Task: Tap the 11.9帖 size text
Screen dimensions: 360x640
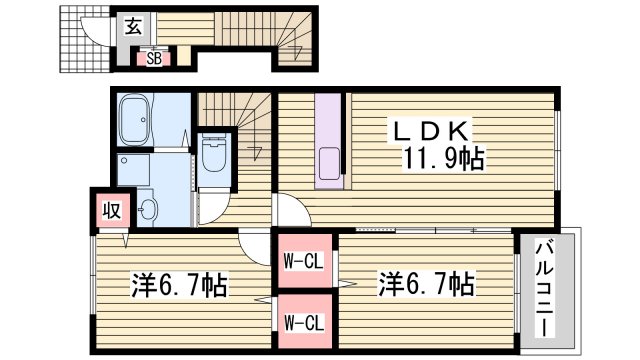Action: tap(446, 158)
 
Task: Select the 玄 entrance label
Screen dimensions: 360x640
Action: tap(133, 28)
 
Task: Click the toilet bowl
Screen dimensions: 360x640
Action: tap(213, 155)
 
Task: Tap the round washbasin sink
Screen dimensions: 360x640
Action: tap(149, 209)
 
